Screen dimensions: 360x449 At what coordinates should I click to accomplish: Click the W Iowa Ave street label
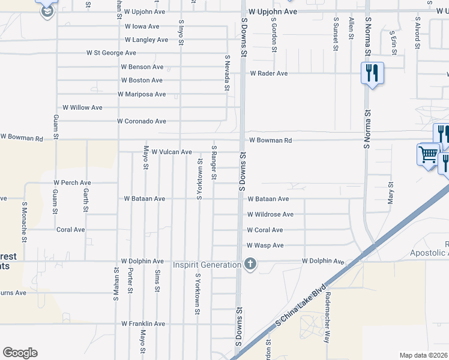142,26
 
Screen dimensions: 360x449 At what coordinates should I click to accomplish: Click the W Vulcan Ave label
171,152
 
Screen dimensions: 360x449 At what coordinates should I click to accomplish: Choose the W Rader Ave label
269,73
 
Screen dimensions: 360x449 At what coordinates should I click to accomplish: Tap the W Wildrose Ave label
270,214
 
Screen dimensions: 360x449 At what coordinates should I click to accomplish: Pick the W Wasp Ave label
265,245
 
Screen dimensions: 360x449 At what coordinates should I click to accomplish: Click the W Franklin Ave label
143,323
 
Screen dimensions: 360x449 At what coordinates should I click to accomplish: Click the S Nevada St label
228,73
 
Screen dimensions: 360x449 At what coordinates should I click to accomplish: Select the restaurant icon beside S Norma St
372,73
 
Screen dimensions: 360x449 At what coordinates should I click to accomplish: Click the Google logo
20,353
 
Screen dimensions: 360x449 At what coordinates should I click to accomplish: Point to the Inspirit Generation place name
206,265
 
